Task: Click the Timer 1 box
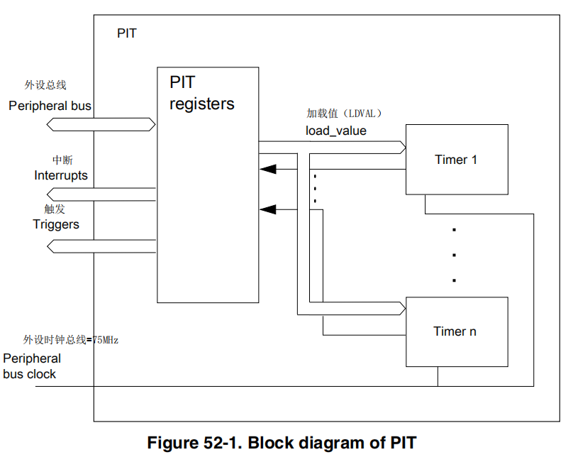pyautogui.click(x=456, y=160)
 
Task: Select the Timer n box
pyautogui.click(x=456, y=331)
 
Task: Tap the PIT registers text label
pyautogui.click(x=201, y=93)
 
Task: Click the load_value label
pyautogui.click(x=335, y=131)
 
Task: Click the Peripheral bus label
pyautogui.click(x=50, y=106)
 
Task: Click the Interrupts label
pyautogui.click(x=61, y=175)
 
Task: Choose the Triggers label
pyautogui.click(x=56, y=224)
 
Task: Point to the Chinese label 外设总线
pyautogui.click(x=45, y=85)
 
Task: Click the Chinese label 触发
pyautogui.click(x=54, y=209)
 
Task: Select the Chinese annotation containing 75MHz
pyautogui.click(x=71, y=340)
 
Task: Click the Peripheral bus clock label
pyautogui.click(x=31, y=366)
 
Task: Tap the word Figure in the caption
pyautogui.click(x=168, y=444)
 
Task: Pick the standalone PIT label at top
pyautogui.click(x=127, y=33)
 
